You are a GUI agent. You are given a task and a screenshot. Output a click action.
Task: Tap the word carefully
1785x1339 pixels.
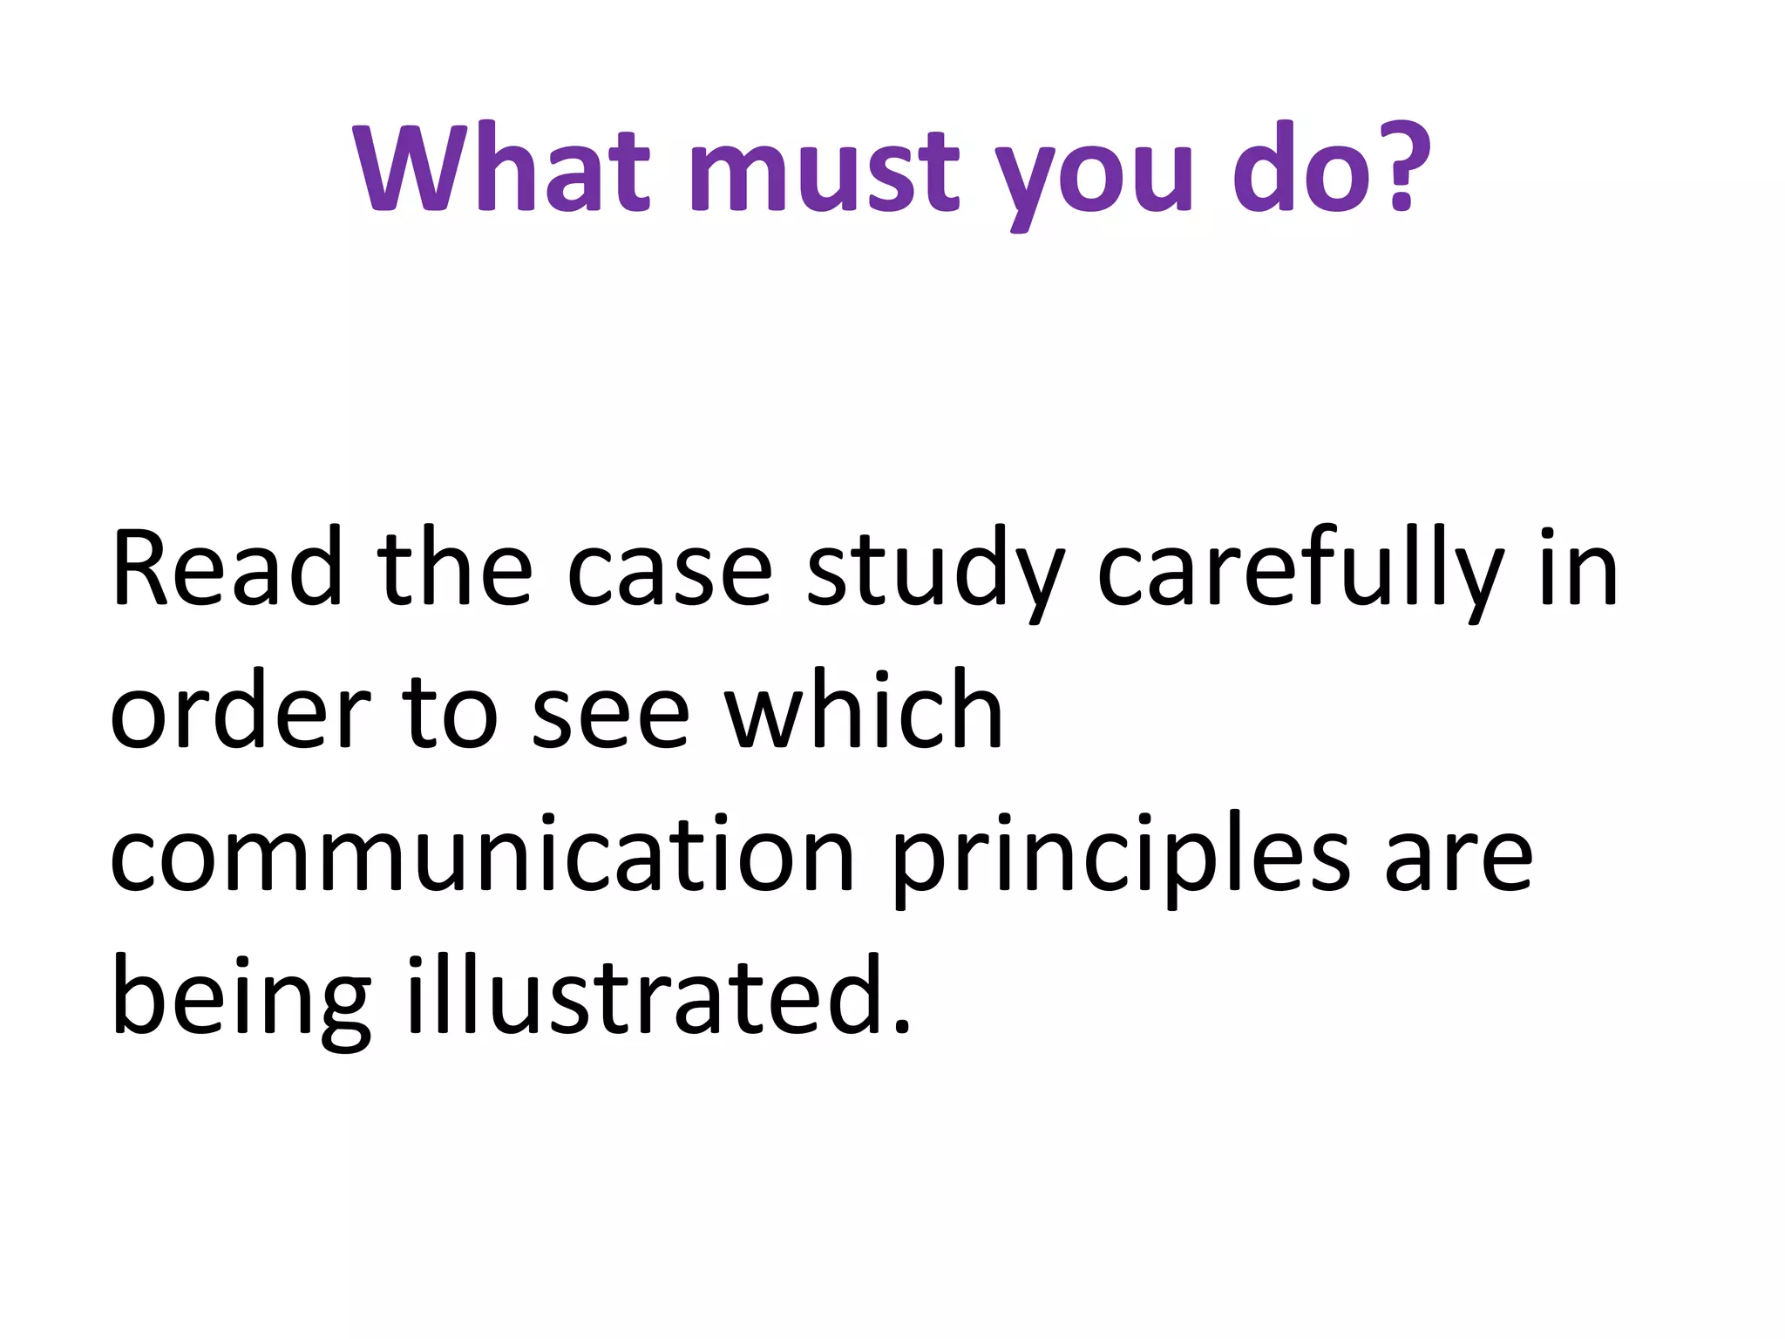coord(1300,571)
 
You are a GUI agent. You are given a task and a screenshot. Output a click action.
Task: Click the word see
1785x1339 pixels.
coord(610,717)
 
